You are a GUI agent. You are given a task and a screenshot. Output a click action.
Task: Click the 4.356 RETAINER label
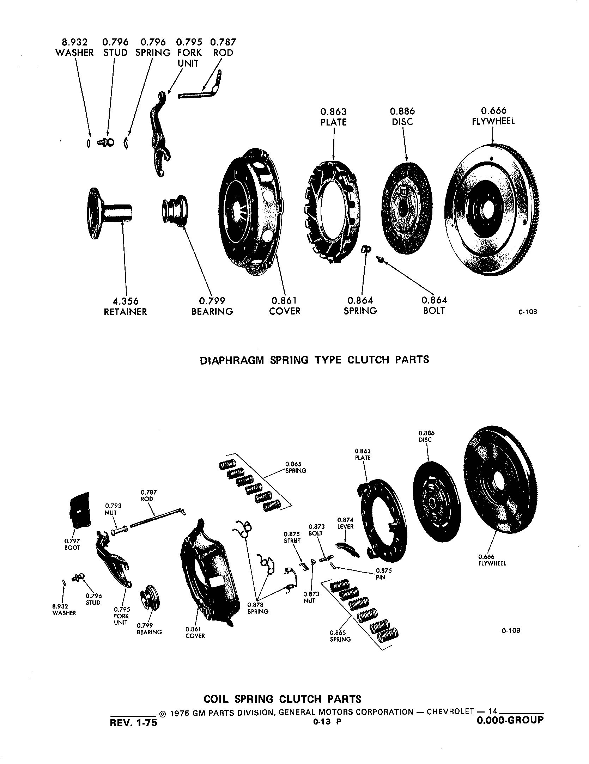pyautogui.click(x=125, y=307)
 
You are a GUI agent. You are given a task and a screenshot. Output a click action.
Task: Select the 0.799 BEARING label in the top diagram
pyautogui.click(x=212, y=306)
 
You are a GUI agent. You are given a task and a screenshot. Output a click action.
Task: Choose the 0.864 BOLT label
pyautogui.click(x=434, y=306)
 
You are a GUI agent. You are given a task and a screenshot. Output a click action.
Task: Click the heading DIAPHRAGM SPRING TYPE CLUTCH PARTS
pyautogui.click(x=314, y=360)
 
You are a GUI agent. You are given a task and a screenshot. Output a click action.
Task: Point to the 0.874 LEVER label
pyautogui.click(x=345, y=523)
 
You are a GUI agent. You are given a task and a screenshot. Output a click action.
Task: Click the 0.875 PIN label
pyautogui.click(x=383, y=574)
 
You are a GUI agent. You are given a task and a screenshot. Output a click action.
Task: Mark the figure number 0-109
pyautogui.click(x=511, y=630)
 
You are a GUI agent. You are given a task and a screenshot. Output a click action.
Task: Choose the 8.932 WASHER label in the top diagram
pyautogui.click(x=75, y=48)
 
